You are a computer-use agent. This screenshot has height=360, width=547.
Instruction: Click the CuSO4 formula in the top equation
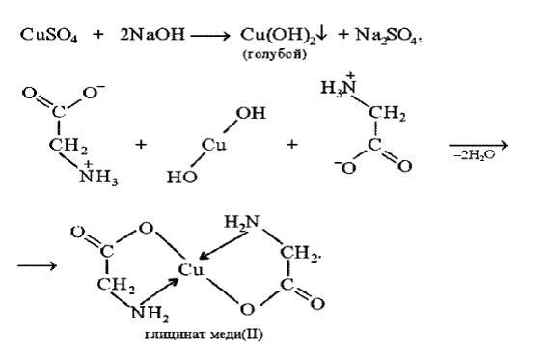click(49, 36)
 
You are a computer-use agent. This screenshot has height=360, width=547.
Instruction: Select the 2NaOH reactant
click(152, 35)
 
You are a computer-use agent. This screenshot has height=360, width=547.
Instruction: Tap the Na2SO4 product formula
click(386, 36)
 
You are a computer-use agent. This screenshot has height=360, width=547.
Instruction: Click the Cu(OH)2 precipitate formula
click(279, 36)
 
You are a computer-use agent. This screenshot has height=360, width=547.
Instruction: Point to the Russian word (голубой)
click(275, 54)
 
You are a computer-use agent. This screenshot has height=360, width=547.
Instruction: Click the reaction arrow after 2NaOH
click(210, 36)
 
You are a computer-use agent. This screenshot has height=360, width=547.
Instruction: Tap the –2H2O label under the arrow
click(475, 155)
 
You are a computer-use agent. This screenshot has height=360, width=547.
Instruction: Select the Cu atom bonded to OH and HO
click(213, 145)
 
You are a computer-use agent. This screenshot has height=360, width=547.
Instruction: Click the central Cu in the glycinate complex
click(190, 269)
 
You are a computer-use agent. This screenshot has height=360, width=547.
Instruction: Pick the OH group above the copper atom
click(251, 113)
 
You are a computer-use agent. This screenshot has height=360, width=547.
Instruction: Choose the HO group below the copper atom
click(181, 177)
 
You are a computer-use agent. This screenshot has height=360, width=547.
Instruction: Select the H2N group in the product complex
click(242, 222)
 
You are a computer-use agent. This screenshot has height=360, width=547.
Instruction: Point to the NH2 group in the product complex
click(150, 314)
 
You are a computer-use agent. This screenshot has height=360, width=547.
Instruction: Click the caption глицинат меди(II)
click(205, 335)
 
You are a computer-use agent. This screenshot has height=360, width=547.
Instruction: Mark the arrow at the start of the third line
click(37, 265)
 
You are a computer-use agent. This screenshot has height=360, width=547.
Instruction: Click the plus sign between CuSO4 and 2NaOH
click(98, 35)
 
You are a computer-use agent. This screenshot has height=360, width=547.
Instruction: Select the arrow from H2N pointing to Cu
click(223, 246)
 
